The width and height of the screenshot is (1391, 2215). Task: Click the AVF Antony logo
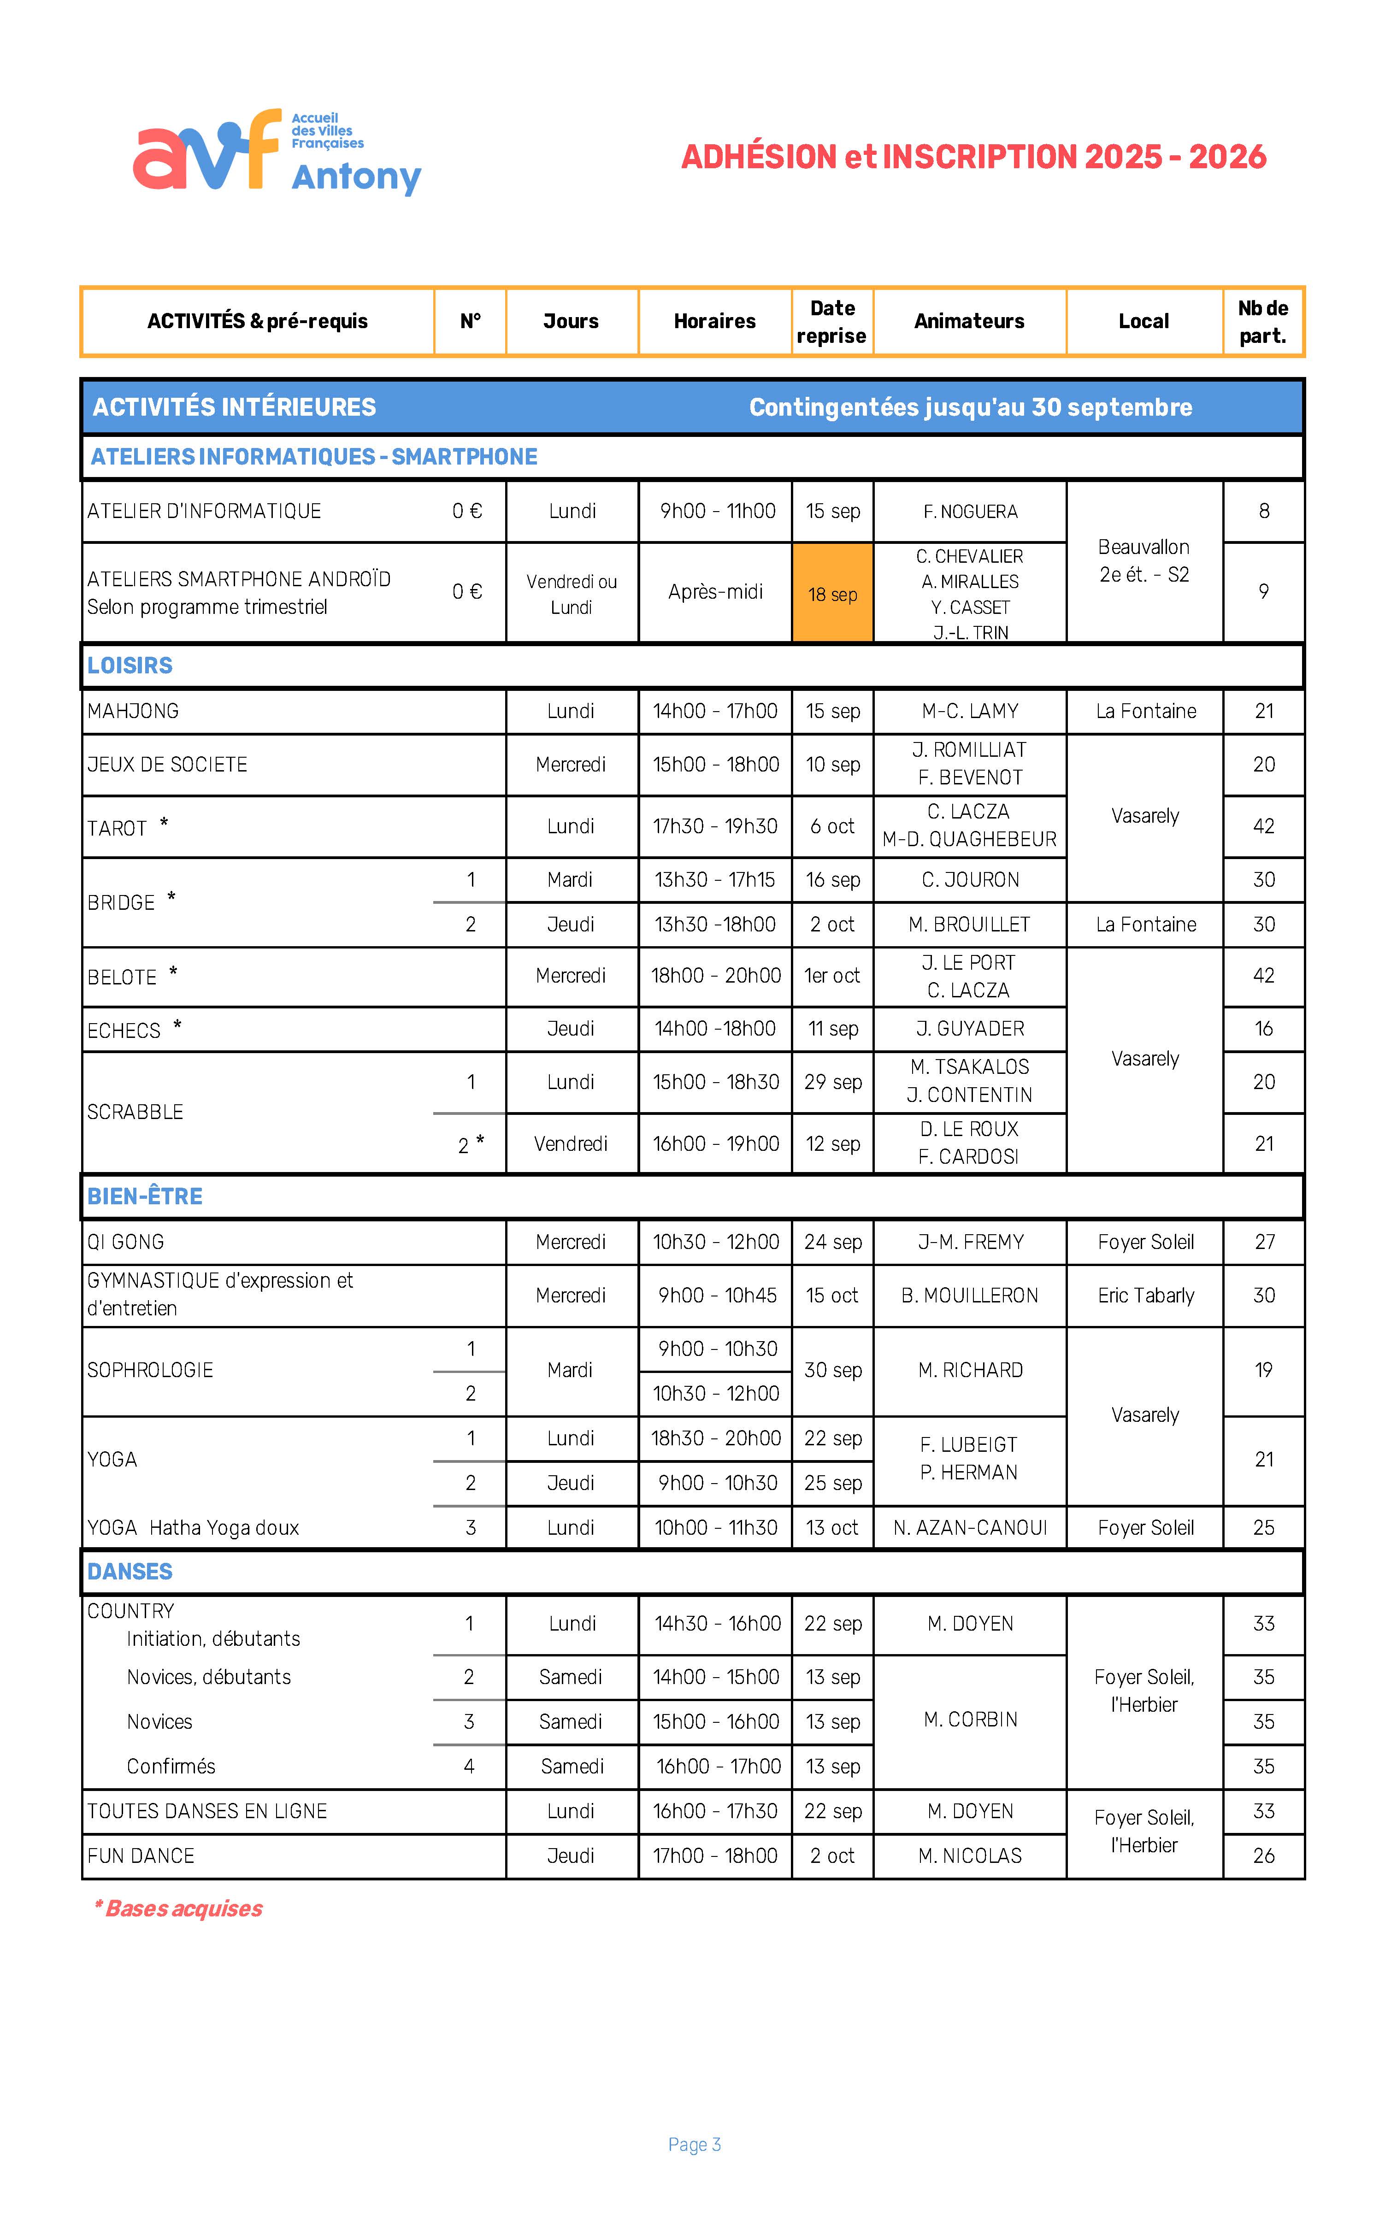[x=276, y=152]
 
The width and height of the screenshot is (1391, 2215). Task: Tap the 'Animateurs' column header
[x=969, y=321]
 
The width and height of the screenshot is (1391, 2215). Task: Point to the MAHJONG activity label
[x=133, y=711]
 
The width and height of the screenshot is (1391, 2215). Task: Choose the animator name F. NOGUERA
[x=970, y=512]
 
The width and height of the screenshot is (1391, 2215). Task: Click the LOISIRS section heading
[x=130, y=665]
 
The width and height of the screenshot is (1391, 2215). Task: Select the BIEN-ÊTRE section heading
[x=144, y=1196]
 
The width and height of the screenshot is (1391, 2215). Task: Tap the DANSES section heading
[x=130, y=1571]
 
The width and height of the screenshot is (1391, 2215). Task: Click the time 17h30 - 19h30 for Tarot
[x=715, y=826]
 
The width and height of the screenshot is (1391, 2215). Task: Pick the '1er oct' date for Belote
[x=831, y=975]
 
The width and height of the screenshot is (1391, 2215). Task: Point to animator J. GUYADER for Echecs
[x=970, y=1028]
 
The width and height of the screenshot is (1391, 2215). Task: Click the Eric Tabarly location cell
[x=1145, y=1295]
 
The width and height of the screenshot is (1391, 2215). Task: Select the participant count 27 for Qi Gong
[x=1264, y=1242]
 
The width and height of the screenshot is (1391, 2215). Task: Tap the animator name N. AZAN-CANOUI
[x=970, y=1528]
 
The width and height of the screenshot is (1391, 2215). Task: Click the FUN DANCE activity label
[x=141, y=1856]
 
